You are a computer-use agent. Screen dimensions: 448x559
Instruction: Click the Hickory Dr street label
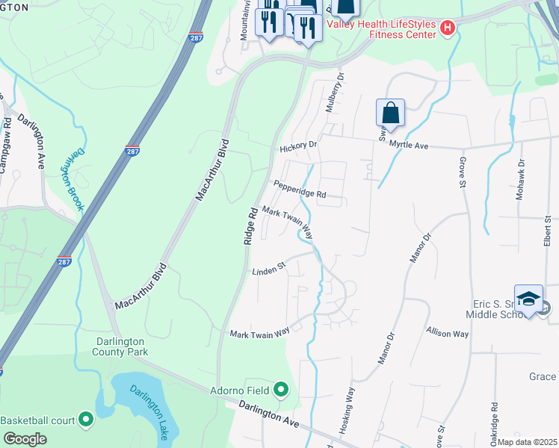coord(298,149)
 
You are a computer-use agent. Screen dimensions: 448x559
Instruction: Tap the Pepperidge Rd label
coord(300,190)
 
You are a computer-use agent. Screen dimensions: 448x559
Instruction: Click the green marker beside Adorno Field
coord(281,388)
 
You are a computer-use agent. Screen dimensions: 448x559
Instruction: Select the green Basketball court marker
coord(86,420)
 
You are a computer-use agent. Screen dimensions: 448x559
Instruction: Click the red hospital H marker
coord(447,28)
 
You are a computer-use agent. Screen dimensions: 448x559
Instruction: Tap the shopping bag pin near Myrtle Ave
coord(390,114)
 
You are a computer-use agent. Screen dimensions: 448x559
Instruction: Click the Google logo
coord(25,439)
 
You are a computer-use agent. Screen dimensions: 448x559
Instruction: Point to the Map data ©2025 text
coord(527,442)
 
